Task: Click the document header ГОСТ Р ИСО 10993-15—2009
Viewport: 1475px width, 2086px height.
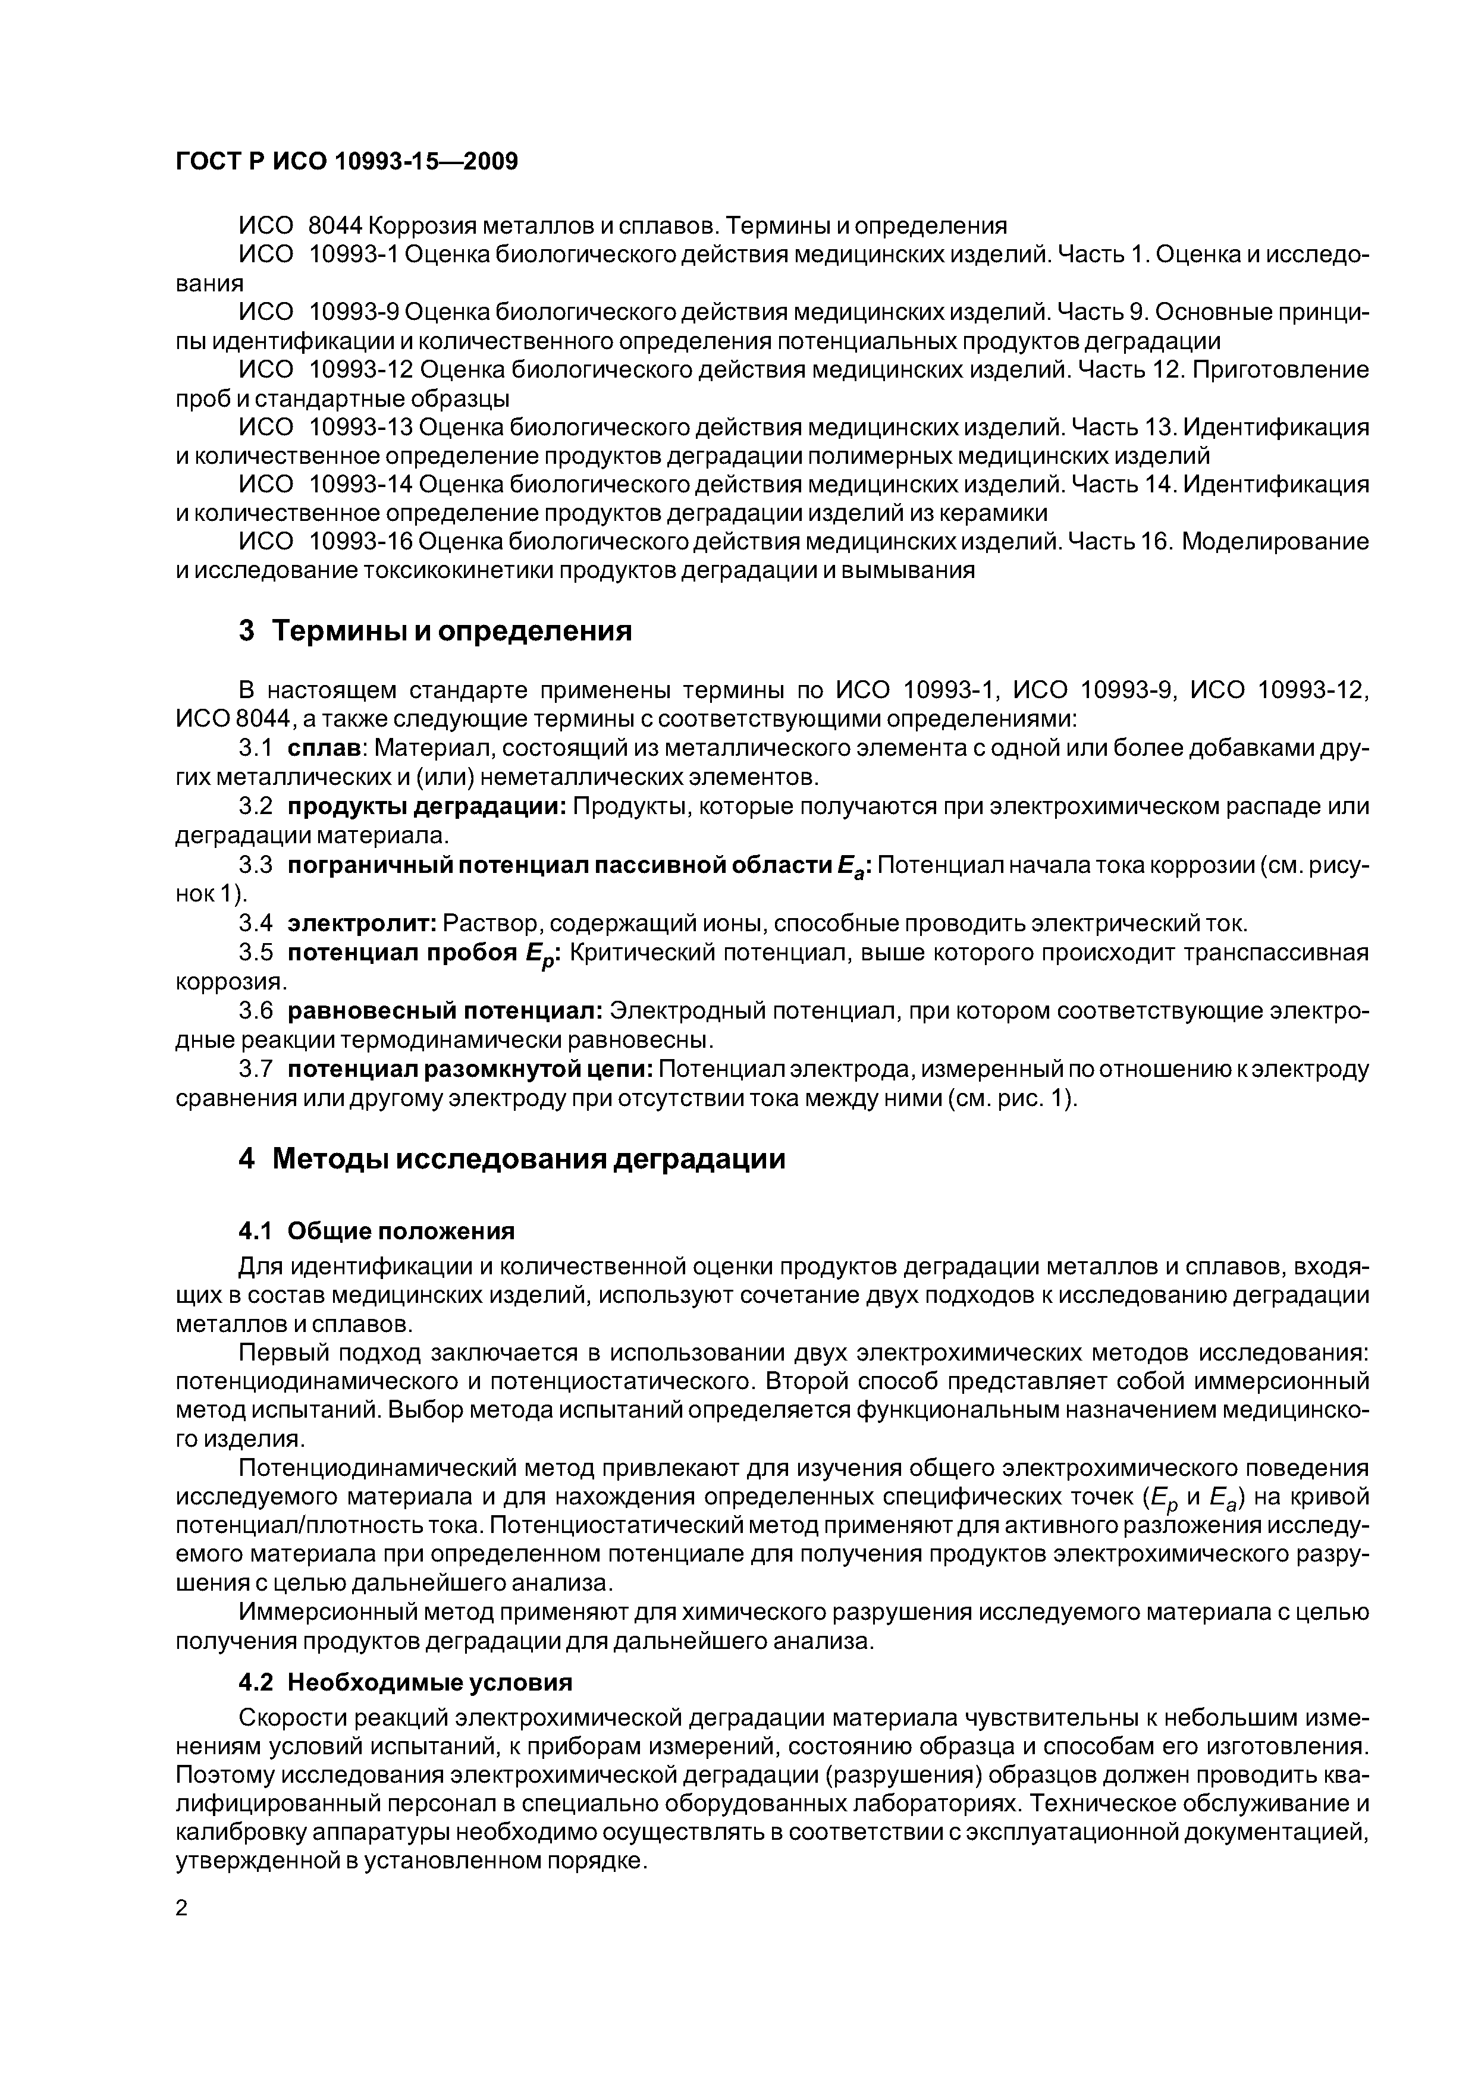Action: tap(346, 162)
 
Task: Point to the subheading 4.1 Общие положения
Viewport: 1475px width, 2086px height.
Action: tap(376, 1231)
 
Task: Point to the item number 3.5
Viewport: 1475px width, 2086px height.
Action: tap(255, 953)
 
